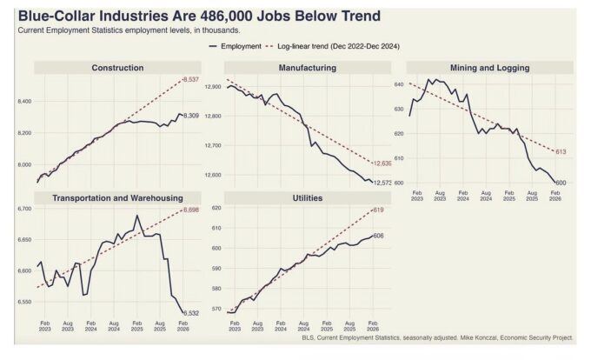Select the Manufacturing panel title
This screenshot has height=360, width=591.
[x=307, y=68]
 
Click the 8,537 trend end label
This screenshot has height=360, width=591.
[x=190, y=79]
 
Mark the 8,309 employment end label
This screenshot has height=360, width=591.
[x=190, y=116]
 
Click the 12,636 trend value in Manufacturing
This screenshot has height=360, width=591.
[x=382, y=163]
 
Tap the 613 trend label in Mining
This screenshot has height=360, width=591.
[x=561, y=152]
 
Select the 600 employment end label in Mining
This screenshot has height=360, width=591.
[x=561, y=183]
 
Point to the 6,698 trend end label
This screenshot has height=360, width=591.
[x=192, y=210]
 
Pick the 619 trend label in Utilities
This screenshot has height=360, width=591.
[x=377, y=210]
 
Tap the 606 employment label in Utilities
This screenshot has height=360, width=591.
[x=377, y=236]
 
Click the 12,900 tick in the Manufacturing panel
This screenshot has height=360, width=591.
[x=214, y=88]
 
